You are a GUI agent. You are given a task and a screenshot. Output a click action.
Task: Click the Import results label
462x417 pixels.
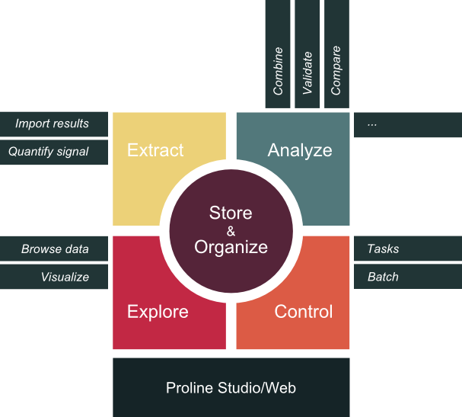click(52, 123)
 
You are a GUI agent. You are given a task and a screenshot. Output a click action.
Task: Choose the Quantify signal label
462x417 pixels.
click(48, 152)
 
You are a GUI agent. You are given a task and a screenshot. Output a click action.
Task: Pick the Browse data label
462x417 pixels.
click(55, 249)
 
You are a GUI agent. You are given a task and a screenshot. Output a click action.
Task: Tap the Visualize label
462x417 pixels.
click(65, 277)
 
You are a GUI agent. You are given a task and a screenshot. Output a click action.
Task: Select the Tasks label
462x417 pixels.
click(383, 249)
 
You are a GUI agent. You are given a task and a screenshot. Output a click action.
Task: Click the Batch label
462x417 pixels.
click(383, 277)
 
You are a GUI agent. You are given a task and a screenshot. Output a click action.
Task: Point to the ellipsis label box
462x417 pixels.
click(407, 124)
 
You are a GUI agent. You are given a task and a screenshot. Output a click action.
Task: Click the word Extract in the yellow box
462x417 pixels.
click(155, 150)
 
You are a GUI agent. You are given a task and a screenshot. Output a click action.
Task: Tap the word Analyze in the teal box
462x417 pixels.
click(300, 150)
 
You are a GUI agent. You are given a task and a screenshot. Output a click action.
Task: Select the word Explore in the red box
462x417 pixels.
click(158, 312)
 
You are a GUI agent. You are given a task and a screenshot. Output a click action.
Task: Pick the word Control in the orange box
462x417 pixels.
click(304, 312)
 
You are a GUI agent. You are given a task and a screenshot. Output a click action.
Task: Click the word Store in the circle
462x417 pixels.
click(231, 213)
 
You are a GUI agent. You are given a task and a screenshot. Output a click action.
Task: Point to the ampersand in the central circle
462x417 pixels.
click(231, 231)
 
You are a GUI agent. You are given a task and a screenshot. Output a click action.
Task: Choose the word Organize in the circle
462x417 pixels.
click(231, 247)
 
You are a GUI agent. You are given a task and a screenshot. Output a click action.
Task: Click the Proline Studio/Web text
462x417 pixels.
click(231, 388)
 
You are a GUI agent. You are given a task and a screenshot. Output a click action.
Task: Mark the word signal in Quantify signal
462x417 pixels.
click(71, 152)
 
